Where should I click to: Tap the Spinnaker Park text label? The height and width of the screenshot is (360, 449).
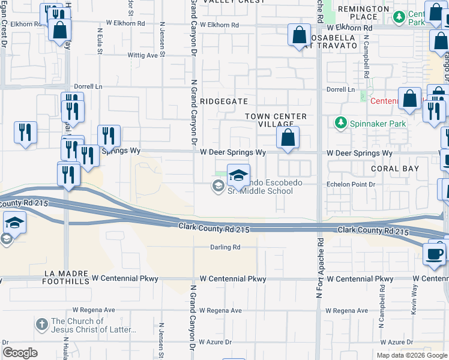click(378, 124)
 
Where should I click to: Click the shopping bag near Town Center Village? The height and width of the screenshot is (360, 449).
click(288, 137)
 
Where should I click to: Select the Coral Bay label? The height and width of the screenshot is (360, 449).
click(395, 169)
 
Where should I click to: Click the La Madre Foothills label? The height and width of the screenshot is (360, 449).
click(67, 273)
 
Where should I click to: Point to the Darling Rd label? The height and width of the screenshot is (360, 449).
click(225, 247)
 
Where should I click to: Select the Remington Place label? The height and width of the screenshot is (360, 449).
click(363, 13)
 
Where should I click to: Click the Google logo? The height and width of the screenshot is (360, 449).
click(20, 352)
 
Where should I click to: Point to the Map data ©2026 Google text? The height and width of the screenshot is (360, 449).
click(411, 355)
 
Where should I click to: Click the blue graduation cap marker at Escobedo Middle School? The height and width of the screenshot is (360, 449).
click(238, 176)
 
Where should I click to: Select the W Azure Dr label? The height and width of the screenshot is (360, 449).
click(215, 342)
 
